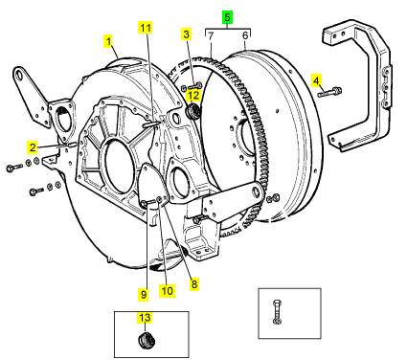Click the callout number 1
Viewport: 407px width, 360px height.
[x=109, y=42]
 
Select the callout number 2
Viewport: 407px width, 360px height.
[x=33, y=147]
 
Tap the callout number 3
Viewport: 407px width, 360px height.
[x=186, y=34]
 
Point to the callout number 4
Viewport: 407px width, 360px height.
[x=316, y=81]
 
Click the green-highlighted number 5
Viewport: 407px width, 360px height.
[x=227, y=17]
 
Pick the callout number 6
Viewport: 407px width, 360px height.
[x=245, y=35]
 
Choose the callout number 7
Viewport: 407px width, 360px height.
[x=210, y=36]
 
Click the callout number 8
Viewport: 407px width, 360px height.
[x=194, y=283]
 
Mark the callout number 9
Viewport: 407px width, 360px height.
[x=144, y=294]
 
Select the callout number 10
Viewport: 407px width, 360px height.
[x=168, y=290]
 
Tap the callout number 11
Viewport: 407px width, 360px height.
[x=145, y=28]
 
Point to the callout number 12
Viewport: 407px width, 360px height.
[x=193, y=95]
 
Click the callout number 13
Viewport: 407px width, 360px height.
[x=145, y=318]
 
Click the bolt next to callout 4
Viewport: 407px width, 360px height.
[x=329, y=92]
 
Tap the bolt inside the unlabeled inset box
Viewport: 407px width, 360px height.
[x=277, y=311]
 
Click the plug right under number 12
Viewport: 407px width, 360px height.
[x=192, y=111]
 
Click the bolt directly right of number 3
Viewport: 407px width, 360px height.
[x=195, y=85]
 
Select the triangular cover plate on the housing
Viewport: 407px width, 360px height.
[x=152, y=184]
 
